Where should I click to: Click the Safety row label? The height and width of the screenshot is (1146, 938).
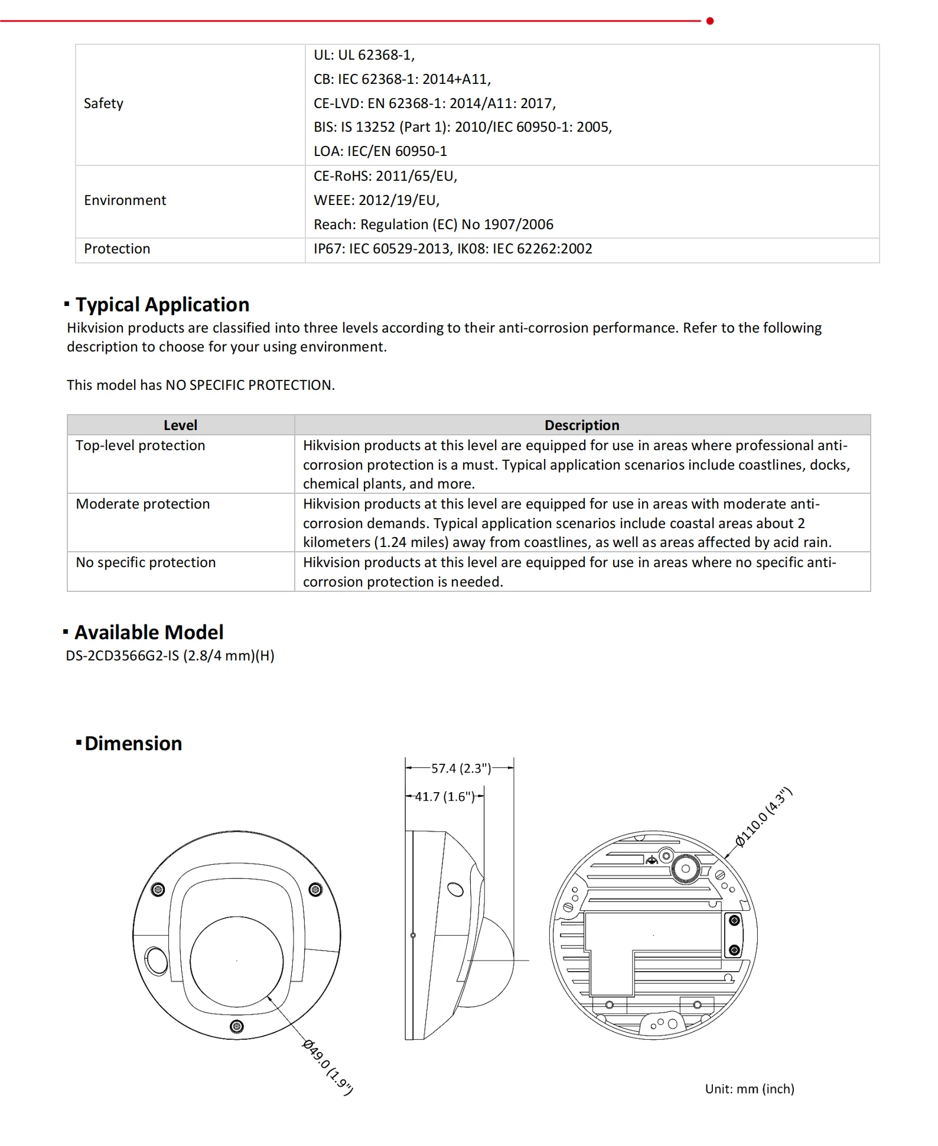point(103,103)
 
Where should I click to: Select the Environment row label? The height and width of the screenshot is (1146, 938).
point(125,200)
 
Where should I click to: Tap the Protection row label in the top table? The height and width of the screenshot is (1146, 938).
point(117,249)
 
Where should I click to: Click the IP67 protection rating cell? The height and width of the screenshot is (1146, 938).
point(452,249)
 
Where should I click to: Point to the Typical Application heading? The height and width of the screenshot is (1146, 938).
point(162,305)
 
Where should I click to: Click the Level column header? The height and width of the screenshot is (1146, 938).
point(180,425)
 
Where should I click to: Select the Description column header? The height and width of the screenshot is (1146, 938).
point(582,425)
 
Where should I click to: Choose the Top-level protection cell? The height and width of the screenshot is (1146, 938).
point(141,445)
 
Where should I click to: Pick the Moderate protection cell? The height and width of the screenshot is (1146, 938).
point(143,504)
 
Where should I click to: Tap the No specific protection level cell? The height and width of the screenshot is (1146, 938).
point(146,562)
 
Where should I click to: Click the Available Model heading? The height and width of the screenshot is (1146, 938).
point(149,633)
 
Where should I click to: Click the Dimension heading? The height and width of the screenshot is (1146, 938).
point(133,744)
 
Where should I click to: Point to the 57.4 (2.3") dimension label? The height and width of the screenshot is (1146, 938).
point(461,769)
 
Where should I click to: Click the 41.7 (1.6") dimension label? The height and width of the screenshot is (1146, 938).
point(445,797)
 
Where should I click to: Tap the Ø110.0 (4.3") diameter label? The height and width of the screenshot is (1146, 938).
point(763,818)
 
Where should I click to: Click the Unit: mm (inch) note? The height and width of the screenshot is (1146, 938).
point(750,1089)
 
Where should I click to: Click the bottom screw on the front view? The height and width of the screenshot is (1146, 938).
point(237,1027)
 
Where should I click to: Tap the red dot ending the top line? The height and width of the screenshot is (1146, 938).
point(710,21)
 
